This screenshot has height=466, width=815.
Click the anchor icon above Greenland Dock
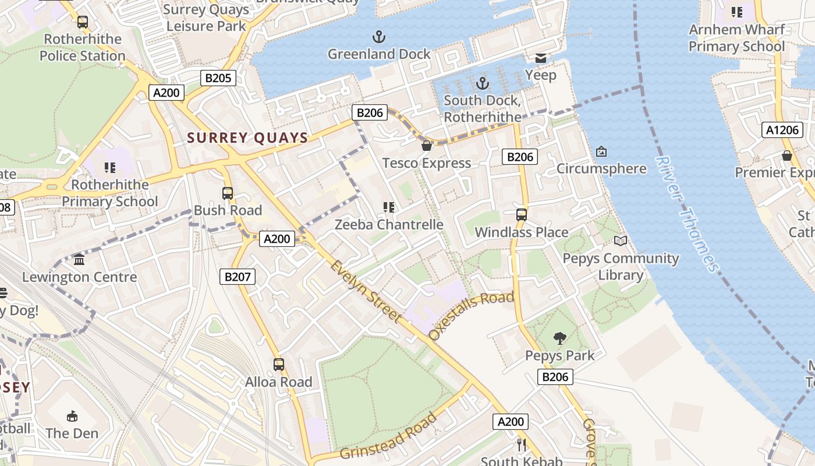[379, 37]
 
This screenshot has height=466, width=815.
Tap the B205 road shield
[218, 78]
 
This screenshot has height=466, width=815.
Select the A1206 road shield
[782, 130]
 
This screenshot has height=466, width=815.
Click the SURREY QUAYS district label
[247, 138]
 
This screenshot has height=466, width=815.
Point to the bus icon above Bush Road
[228, 193]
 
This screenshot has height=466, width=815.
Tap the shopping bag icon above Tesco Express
[426, 146]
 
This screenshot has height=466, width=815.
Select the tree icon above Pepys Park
[559, 338]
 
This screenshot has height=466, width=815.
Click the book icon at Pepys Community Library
[621, 241]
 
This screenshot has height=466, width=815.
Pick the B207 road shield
[238, 277]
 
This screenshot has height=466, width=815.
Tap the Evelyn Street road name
[366, 291]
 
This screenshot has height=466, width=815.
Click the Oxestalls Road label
[472, 315]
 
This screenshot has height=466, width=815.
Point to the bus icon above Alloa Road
[279, 365]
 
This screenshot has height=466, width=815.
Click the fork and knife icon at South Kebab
[522, 445]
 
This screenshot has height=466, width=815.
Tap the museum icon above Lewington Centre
[79, 259]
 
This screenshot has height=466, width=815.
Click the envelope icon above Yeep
[541, 58]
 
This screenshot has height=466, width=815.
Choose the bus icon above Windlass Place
[522, 214]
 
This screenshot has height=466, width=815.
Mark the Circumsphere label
[601, 169]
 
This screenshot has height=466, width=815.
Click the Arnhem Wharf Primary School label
[736, 38]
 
